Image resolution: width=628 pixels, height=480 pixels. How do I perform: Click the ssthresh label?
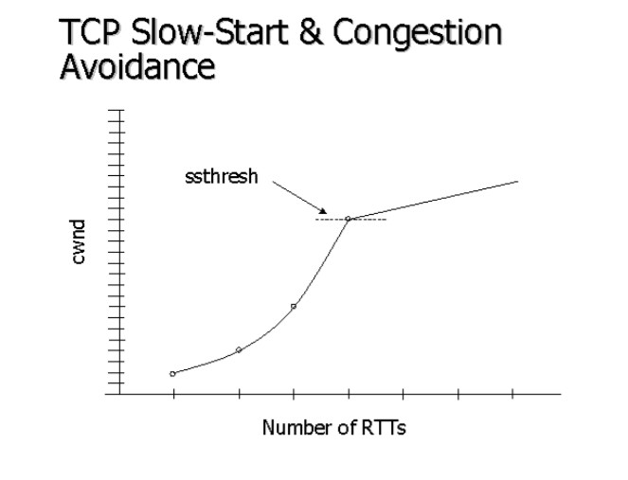(220, 177)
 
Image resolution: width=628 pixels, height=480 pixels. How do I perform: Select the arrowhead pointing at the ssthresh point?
(323, 211)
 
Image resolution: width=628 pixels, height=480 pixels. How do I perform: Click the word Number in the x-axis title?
(292, 428)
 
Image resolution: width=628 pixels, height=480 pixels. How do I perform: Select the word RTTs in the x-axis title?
(386, 428)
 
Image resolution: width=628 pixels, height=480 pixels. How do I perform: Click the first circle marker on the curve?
(172, 374)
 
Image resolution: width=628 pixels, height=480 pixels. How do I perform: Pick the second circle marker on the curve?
(239, 350)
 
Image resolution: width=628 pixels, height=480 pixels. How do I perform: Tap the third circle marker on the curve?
(294, 306)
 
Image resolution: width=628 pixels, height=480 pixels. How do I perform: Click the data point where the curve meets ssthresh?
(349, 219)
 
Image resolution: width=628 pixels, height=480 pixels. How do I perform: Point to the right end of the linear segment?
(518, 180)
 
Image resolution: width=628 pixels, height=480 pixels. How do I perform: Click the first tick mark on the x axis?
(173, 394)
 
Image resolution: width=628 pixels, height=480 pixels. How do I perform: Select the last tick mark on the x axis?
(513, 394)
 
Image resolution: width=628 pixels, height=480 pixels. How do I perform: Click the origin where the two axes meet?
(119, 393)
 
